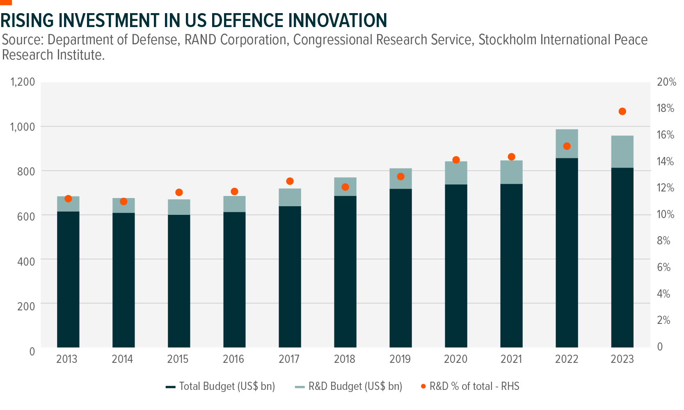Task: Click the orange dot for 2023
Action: tap(622, 112)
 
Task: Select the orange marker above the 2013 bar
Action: tap(68, 199)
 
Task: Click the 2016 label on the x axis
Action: tap(233, 359)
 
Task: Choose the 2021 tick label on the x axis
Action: tap(511, 359)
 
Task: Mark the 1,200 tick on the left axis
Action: tap(23, 82)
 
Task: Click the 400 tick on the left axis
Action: tap(26, 261)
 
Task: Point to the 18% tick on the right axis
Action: tap(666, 108)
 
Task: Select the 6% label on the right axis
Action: tap(663, 267)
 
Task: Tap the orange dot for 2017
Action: tap(290, 181)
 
